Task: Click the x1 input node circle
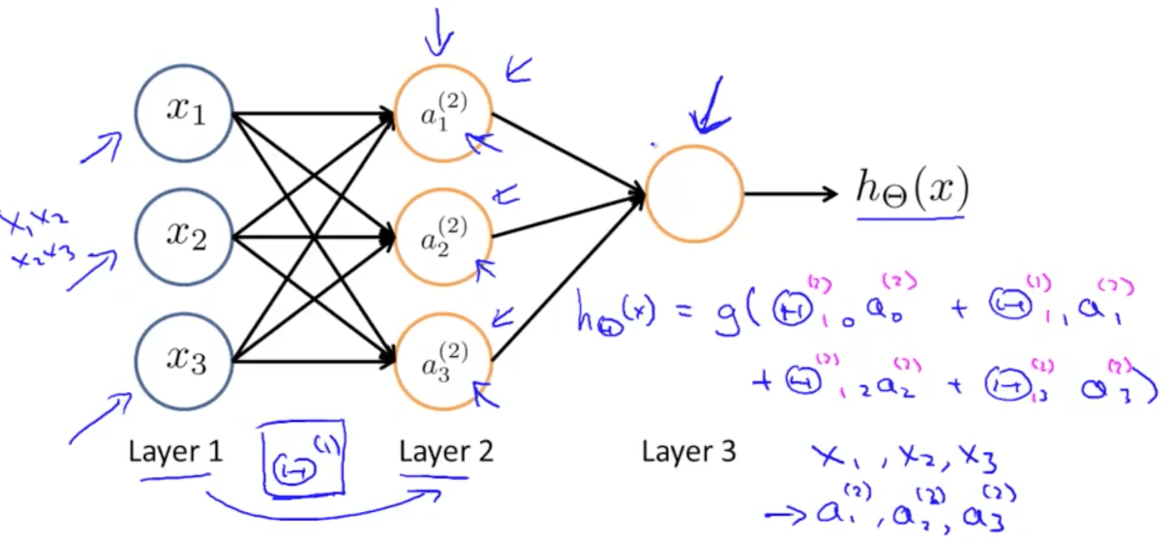pos(184,113)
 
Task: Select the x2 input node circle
pos(184,237)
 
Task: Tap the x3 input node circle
pos(184,361)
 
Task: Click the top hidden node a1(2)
pos(443,113)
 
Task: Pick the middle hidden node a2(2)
pos(443,237)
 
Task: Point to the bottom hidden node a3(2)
pos(443,361)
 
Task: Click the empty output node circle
pos(694,194)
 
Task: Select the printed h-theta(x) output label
pos(912,188)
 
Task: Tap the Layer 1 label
pos(175,451)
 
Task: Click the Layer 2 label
pos(446,451)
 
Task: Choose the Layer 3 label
pos(689,451)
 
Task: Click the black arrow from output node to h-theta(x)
pos(790,194)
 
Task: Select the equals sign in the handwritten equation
pos(686,310)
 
